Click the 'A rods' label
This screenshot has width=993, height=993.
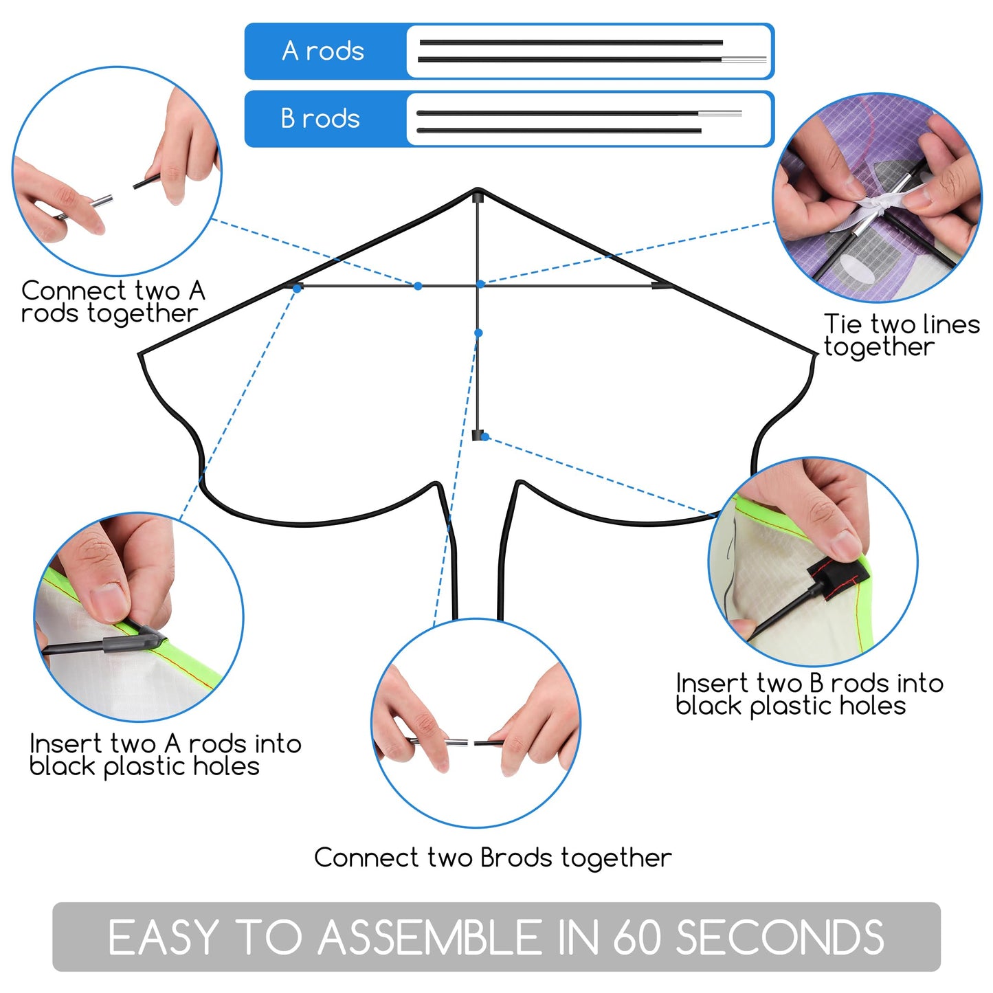coord(322,50)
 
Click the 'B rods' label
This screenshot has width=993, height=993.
coord(320,118)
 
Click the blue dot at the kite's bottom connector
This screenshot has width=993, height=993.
coord(484,437)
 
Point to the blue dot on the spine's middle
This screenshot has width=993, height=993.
coord(478,333)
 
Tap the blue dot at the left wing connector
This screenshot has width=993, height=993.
coord(297,289)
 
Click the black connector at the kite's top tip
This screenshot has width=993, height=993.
coord(478,197)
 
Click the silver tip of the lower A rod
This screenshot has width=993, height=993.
coord(744,59)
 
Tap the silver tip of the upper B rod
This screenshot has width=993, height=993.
coord(720,113)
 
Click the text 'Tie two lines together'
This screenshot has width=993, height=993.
coord(902,335)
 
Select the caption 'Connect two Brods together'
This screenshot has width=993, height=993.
coord(493,858)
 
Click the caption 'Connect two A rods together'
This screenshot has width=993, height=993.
coord(113,302)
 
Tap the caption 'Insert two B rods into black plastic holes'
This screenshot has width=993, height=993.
coord(809,695)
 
